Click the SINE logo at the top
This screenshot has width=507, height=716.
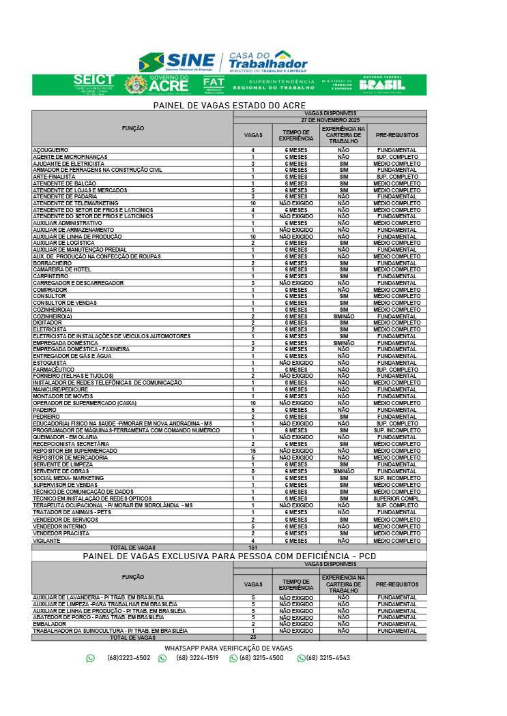(177, 62)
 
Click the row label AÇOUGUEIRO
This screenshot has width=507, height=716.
(50, 150)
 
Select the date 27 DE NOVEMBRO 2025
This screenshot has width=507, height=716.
(330, 120)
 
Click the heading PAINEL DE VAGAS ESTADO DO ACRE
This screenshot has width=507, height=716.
(229, 106)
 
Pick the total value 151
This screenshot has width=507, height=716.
(252, 548)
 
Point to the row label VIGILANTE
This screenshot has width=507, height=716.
(46, 541)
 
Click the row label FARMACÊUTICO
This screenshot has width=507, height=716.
(53, 370)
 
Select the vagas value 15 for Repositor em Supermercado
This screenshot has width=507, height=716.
(252, 451)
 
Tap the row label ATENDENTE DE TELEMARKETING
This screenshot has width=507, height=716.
(76, 203)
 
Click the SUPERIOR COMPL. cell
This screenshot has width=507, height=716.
(396, 498)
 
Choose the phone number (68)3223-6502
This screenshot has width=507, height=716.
(128, 658)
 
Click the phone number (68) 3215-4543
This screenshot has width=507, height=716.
(328, 658)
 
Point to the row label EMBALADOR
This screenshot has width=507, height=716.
(49, 624)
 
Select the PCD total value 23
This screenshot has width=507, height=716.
(252, 638)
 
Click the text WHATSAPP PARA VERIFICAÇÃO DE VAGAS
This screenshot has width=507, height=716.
(229, 648)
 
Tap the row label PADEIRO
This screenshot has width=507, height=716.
(45, 410)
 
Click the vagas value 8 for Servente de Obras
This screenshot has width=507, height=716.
(252, 471)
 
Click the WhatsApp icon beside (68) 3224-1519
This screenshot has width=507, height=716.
(162, 659)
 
